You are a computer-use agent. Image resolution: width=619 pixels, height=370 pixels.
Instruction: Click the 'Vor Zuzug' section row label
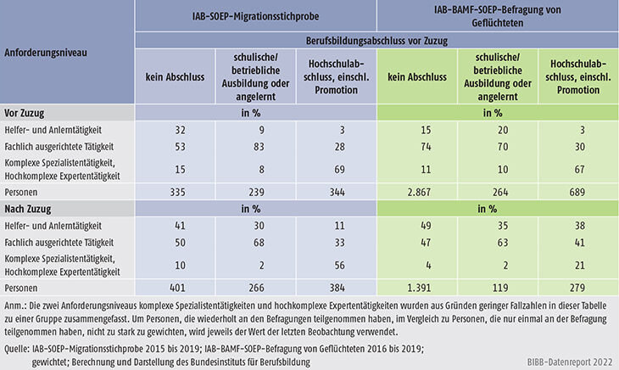(x=25, y=111)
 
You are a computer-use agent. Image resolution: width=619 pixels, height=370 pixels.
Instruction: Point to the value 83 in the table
(x=253, y=146)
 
